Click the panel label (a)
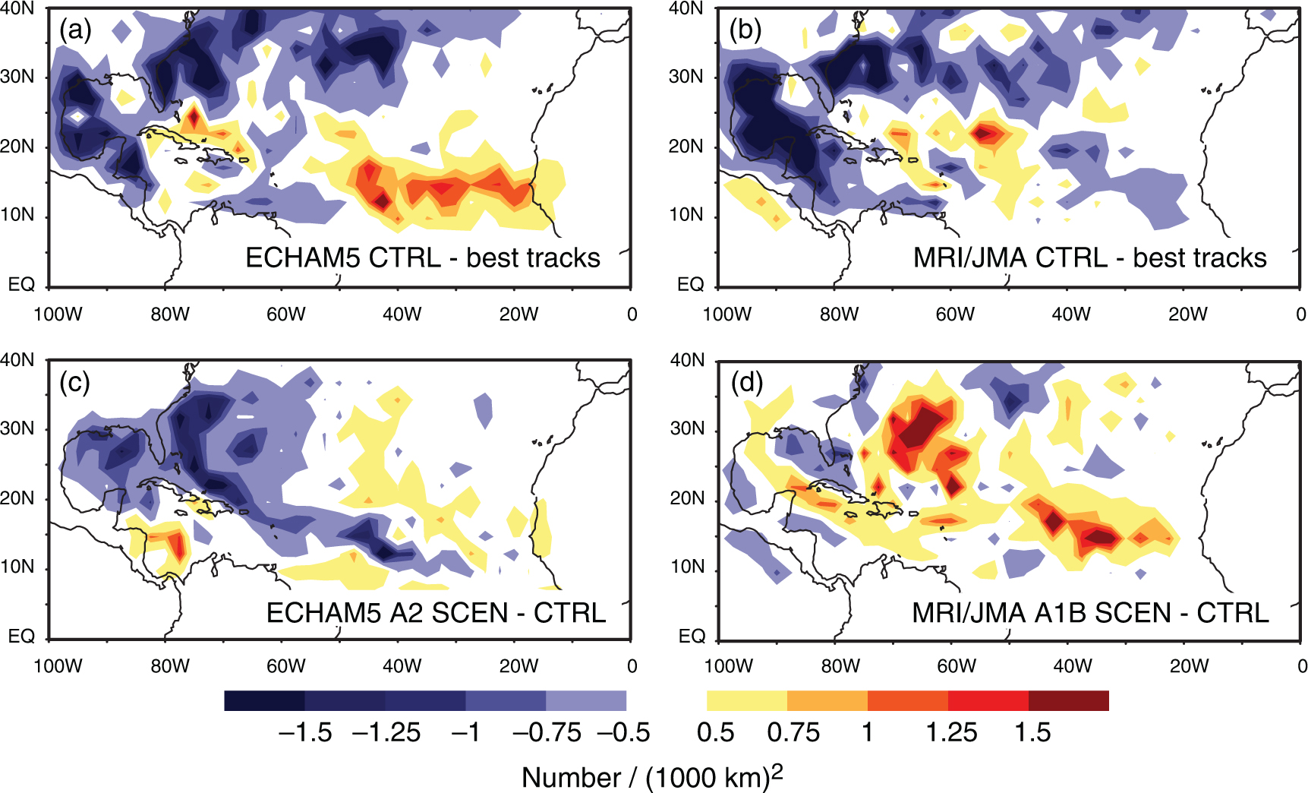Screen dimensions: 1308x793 (x=75, y=30)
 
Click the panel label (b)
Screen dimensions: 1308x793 (x=745, y=30)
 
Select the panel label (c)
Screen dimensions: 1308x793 (x=74, y=382)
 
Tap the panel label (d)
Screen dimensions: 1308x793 (x=746, y=382)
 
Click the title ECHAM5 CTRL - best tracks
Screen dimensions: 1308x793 (x=423, y=258)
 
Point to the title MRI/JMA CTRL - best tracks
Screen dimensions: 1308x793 (x=1090, y=258)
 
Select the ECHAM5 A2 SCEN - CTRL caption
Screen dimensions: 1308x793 (x=437, y=613)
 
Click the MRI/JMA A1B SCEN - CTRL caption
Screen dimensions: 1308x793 (x=1091, y=613)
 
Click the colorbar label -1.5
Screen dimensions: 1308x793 (x=305, y=732)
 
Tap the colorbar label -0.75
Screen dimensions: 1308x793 (x=547, y=732)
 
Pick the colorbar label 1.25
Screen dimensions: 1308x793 (x=951, y=732)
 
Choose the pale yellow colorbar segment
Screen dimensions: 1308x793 (x=747, y=700)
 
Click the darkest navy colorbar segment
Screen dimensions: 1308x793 (x=264, y=700)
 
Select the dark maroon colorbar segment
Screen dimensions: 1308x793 (x=1069, y=700)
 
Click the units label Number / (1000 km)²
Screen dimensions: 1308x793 (x=652, y=776)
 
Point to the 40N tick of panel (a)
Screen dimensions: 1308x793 (x=17, y=9)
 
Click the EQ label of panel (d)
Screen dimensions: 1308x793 (x=692, y=636)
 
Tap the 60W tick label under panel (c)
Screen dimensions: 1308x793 (x=285, y=666)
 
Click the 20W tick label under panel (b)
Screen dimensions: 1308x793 (x=1187, y=314)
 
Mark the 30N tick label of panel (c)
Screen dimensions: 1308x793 (x=17, y=428)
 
